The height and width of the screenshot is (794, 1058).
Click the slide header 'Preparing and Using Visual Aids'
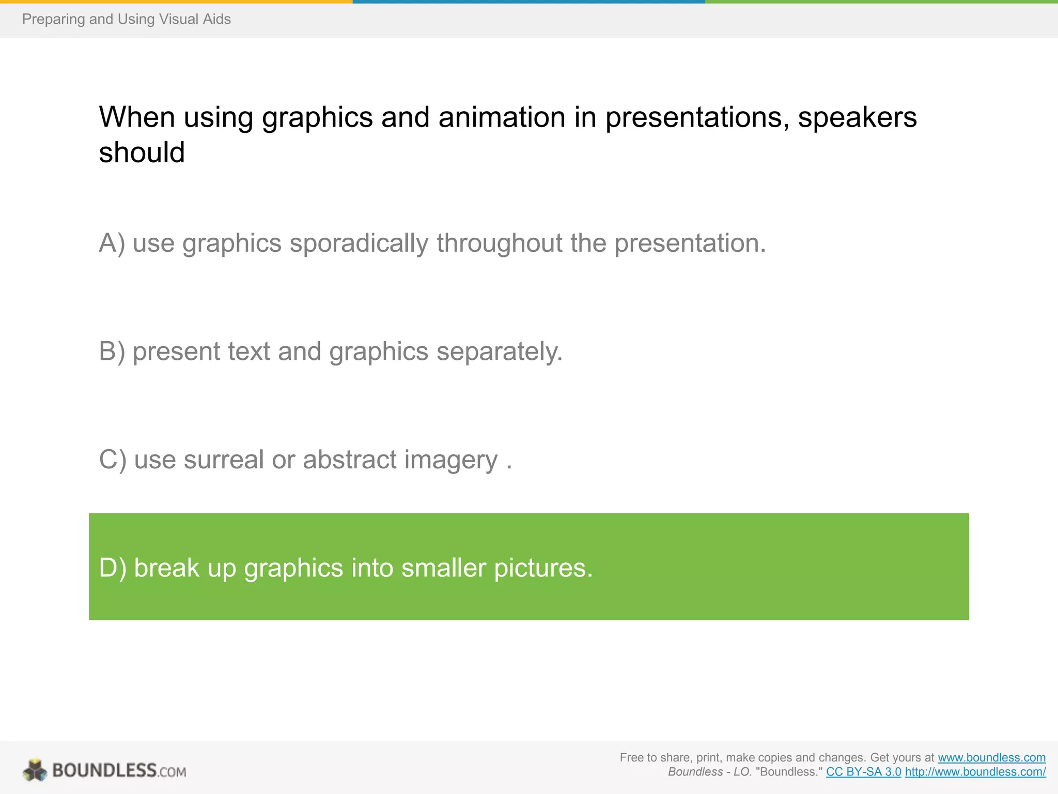tap(126, 19)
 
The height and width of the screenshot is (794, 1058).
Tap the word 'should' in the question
tap(142, 152)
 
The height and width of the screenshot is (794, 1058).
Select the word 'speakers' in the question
tap(857, 117)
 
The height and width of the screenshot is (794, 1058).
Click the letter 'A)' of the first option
tap(112, 243)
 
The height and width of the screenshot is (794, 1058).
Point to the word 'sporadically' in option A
tap(359, 243)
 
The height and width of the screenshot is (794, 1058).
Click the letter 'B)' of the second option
tap(112, 352)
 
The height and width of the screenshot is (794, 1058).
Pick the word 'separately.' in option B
tap(499, 352)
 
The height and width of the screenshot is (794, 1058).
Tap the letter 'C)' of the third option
tap(112, 460)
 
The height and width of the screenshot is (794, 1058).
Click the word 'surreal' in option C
tap(224, 460)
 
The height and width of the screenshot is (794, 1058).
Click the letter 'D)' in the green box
tap(112, 568)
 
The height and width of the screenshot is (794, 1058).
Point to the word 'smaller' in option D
tap(443, 568)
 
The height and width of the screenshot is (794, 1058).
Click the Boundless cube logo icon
tap(35, 770)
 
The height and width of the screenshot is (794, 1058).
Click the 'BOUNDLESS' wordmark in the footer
tap(104, 770)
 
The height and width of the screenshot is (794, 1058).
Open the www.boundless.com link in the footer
tap(991, 757)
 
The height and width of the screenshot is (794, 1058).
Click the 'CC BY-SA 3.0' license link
tap(863, 772)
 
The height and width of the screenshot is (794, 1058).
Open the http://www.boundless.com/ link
tap(975, 772)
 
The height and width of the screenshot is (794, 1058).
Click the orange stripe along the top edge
tap(176, 2)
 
